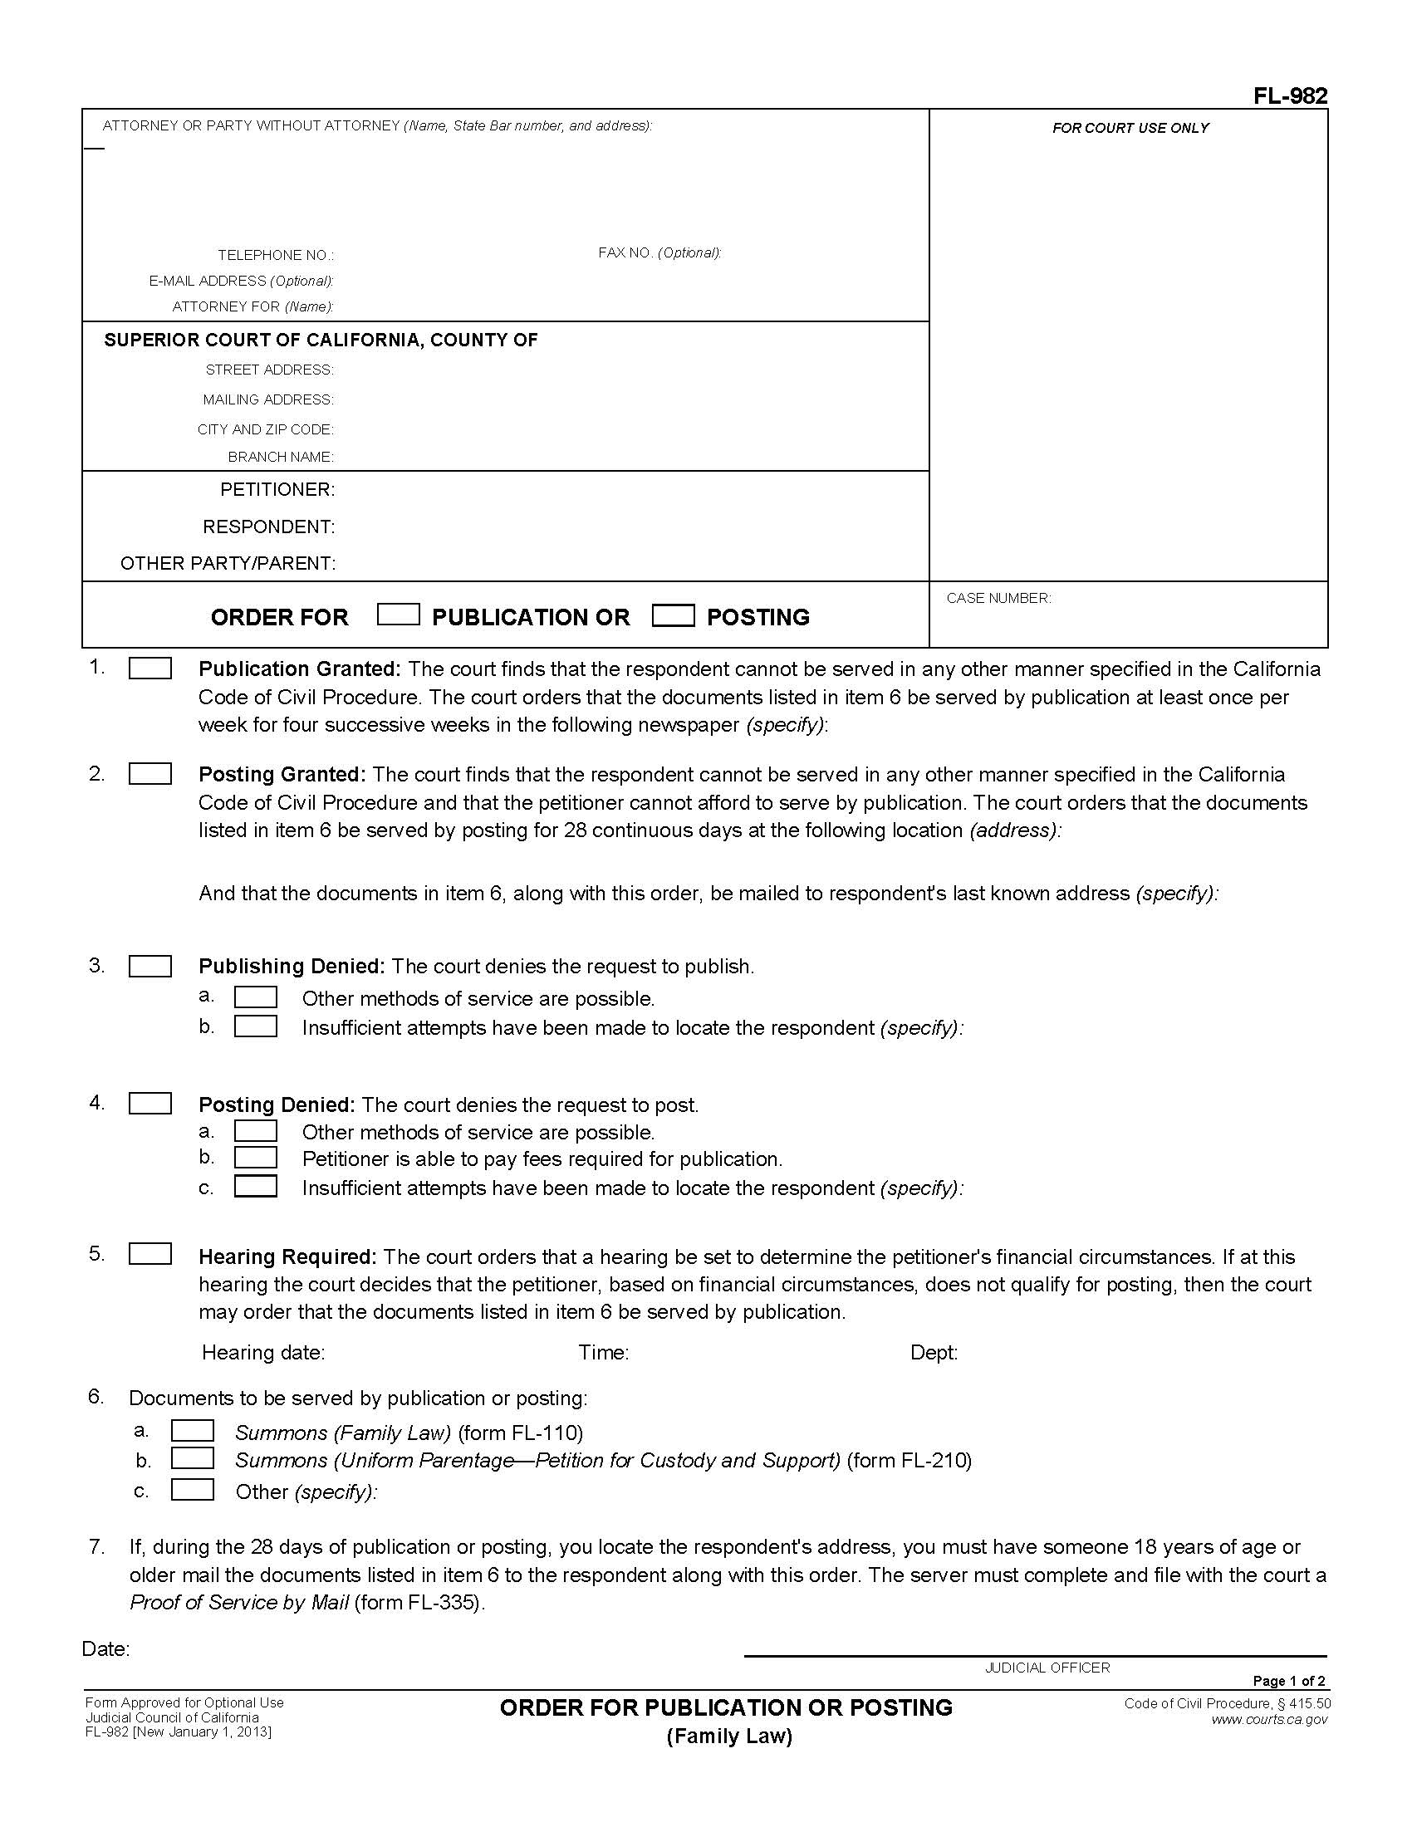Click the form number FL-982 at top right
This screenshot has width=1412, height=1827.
(x=1289, y=96)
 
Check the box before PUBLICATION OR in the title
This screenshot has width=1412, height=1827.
(x=398, y=615)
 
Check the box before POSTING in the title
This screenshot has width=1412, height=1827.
(x=674, y=615)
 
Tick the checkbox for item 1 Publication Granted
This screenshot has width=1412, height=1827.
(x=150, y=669)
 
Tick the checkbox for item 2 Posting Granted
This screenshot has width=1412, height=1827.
(x=150, y=774)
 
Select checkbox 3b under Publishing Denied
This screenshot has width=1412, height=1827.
(x=256, y=1026)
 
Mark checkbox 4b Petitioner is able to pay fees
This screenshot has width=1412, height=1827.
(x=256, y=1158)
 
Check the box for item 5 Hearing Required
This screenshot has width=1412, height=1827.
(x=150, y=1254)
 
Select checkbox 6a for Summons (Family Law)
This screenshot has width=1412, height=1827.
(x=193, y=1432)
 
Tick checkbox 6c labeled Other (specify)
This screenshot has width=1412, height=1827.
(x=193, y=1490)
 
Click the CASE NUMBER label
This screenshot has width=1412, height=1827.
(x=998, y=598)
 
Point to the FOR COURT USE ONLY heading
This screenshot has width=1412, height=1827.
(x=1130, y=128)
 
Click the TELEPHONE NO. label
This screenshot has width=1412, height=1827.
(x=275, y=255)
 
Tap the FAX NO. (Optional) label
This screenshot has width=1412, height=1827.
(x=659, y=252)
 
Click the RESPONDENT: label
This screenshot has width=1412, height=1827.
(x=268, y=527)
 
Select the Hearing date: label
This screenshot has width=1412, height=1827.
(x=263, y=1353)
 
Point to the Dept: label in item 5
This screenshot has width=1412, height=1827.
(x=934, y=1353)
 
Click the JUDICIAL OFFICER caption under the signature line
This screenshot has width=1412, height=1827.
(x=1047, y=1668)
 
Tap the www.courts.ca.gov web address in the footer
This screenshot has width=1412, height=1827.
(x=1269, y=1720)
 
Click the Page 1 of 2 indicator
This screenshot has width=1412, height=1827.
(x=1288, y=1682)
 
